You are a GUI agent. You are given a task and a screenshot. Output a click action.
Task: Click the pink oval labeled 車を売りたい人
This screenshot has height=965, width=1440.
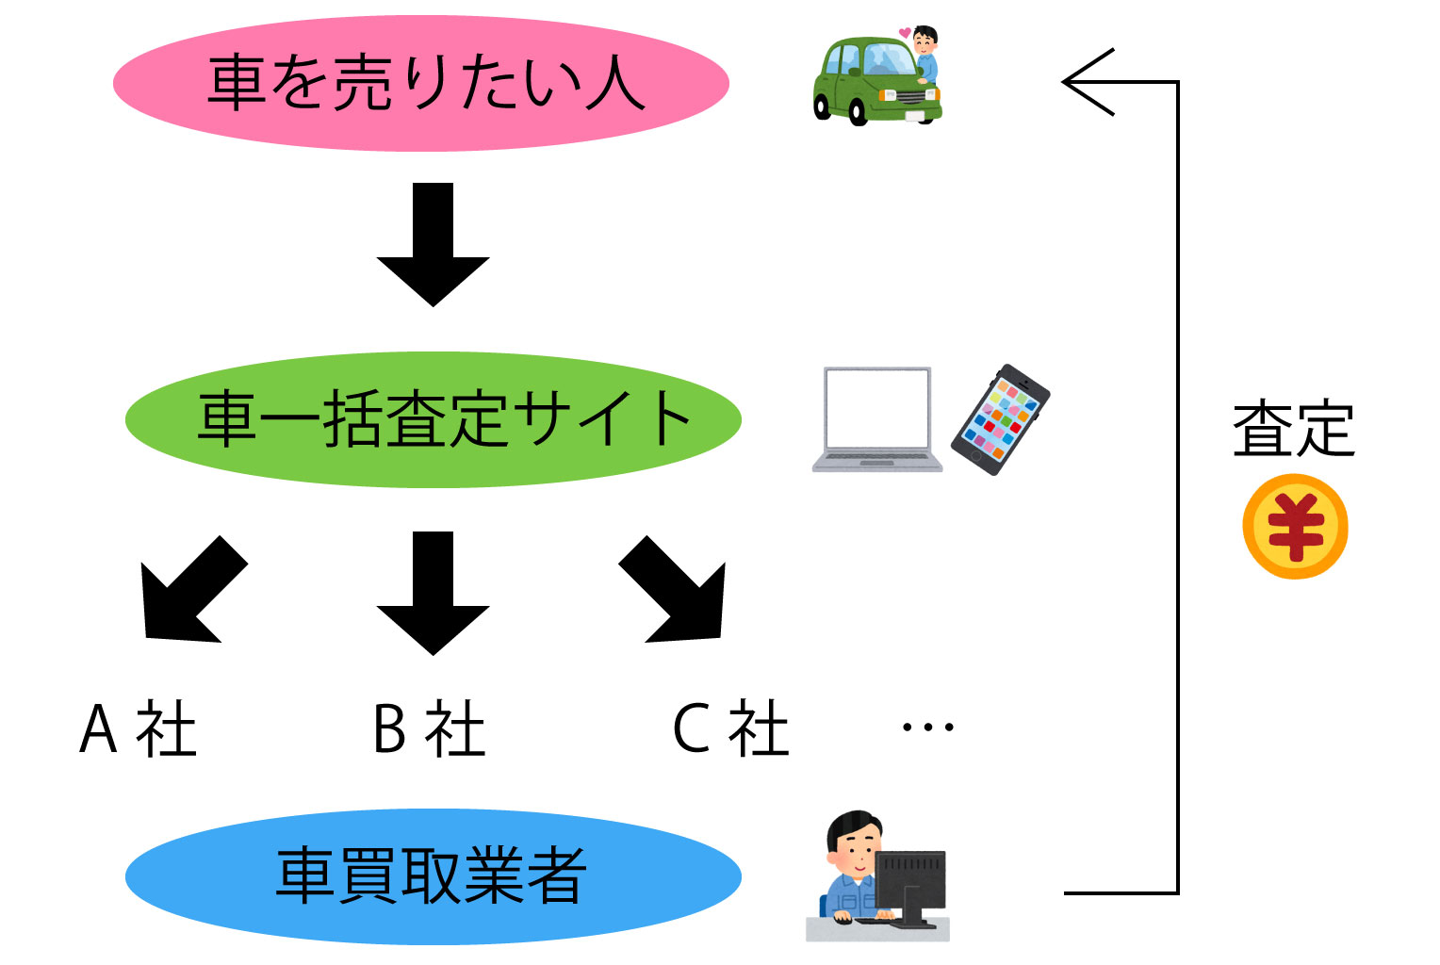point(421,83)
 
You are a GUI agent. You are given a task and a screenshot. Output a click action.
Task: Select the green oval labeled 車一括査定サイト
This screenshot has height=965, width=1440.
point(434,419)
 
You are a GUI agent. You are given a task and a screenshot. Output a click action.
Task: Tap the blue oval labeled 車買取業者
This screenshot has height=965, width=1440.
point(434,876)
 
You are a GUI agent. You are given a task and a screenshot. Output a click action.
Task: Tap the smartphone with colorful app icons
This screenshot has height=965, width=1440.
point(1000,419)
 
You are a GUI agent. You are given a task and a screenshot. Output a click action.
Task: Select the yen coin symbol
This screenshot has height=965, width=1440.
point(1295,526)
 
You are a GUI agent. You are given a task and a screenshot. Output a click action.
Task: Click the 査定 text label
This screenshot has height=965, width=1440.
point(1293,430)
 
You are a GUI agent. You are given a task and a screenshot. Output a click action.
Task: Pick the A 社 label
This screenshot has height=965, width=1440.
point(139,729)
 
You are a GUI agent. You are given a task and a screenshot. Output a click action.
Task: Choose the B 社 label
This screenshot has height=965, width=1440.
point(430,729)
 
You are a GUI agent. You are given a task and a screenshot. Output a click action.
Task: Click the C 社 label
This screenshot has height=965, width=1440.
point(730,729)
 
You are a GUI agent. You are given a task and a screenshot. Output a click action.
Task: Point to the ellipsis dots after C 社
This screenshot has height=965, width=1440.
point(927,728)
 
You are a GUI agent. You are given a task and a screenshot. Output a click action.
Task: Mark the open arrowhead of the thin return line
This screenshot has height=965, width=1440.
point(1084,83)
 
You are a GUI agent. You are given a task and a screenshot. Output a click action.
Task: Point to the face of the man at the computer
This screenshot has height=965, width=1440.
point(854,852)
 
